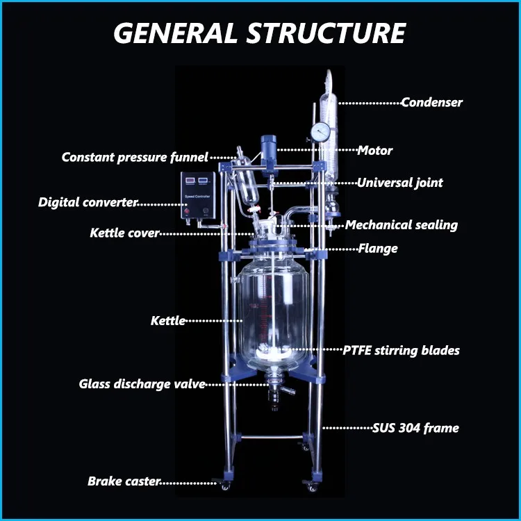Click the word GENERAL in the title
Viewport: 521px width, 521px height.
pyautogui.click(x=176, y=33)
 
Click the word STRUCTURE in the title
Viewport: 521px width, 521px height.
pyautogui.click(x=326, y=33)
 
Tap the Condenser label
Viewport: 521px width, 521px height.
pyautogui.click(x=431, y=102)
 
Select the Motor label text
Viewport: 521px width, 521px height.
pyautogui.click(x=375, y=151)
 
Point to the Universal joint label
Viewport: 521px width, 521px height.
pyautogui.click(x=400, y=183)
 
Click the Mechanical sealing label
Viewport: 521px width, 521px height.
pyautogui.click(x=402, y=225)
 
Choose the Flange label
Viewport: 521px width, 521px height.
pyautogui.click(x=378, y=249)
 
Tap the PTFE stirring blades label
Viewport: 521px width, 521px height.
pyautogui.click(x=401, y=351)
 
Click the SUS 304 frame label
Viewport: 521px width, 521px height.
pyautogui.click(x=415, y=428)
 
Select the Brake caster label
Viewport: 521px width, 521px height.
pyautogui.click(x=124, y=481)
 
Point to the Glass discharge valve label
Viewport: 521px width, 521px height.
pyautogui.click(x=142, y=384)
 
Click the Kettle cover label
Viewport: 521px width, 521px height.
pyautogui.click(x=125, y=233)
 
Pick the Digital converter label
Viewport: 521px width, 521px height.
pyautogui.click(x=88, y=202)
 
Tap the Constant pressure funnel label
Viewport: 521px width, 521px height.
pyautogui.click(x=135, y=157)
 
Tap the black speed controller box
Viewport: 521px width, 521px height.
pyautogui.click(x=198, y=195)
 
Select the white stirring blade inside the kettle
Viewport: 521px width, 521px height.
pyautogui.click(x=273, y=352)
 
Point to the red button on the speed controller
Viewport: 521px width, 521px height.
pyautogui.click(x=187, y=211)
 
